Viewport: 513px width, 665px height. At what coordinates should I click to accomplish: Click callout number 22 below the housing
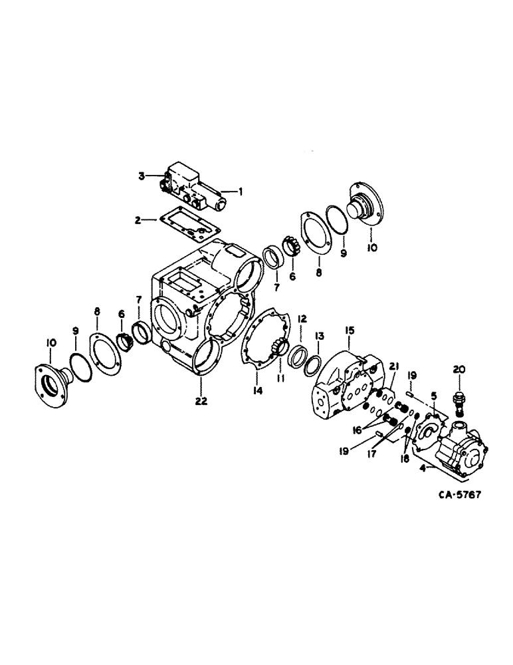[200, 400]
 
